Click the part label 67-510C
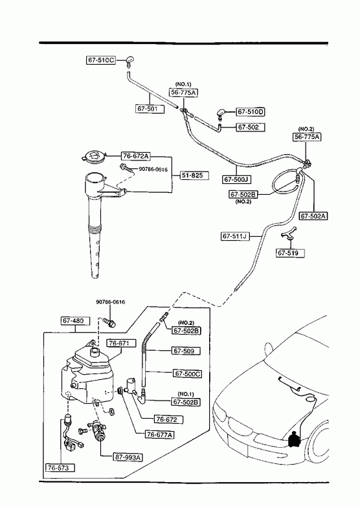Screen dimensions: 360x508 tap(101, 60)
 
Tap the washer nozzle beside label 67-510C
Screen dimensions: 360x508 tap(129, 61)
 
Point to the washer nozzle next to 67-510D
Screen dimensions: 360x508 tap(221, 114)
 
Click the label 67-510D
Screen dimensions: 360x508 tap(250, 112)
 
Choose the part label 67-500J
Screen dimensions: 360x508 tap(237, 179)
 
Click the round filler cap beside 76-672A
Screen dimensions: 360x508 tap(93, 157)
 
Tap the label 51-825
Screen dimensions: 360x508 tap(194, 175)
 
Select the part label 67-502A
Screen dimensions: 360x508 tap(313, 215)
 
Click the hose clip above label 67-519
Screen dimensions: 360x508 tap(287, 234)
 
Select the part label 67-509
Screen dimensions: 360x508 tap(186, 351)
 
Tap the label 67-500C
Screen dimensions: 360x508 tap(188, 373)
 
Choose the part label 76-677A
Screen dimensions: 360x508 tap(159, 434)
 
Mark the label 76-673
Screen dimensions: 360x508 tap(60, 467)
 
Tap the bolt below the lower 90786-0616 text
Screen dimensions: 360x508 tap(109, 322)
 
